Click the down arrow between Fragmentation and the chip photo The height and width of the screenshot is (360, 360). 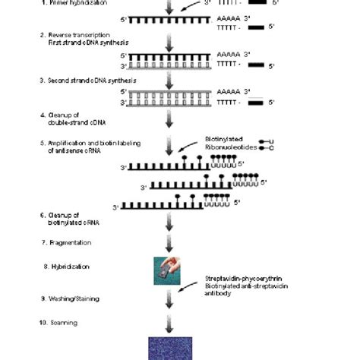coord(169,242)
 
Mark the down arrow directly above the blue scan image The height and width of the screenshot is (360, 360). coord(169,323)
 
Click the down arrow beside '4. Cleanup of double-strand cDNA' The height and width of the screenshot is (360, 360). coord(169,118)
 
